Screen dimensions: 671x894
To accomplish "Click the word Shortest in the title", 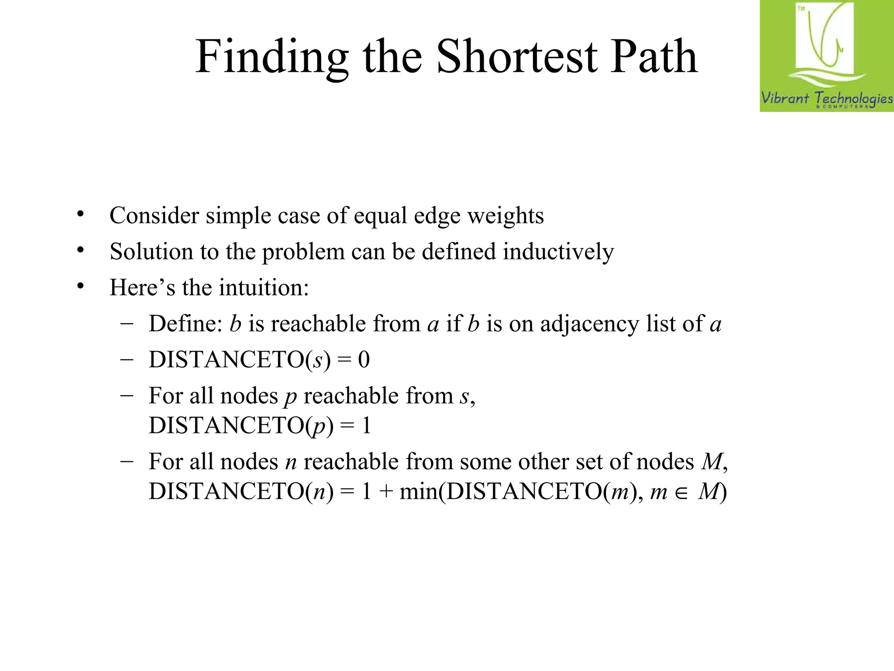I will tap(517, 56).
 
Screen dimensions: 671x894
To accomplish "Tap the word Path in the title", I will tap(653, 56).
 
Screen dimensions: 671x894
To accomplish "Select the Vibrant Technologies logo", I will tap(826, 56).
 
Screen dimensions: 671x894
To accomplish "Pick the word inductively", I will tap(558, 252).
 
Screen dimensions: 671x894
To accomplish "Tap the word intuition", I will tap(264, 287).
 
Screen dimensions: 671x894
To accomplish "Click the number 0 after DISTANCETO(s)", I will tap(364, 360).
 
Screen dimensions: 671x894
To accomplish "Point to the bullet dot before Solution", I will tap(80, 250).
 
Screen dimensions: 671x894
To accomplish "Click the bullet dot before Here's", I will tap(80, 286).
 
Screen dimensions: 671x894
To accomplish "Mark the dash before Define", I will tap(127, 324).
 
